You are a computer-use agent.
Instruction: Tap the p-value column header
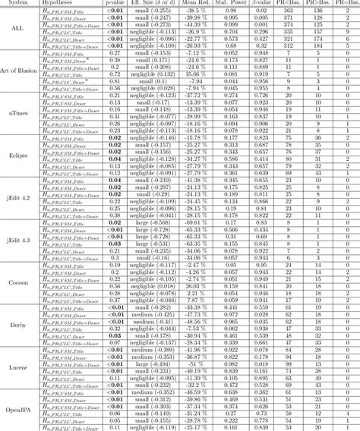[x=118, y=2]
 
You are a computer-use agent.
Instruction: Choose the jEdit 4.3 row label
[x=20, y=241]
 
